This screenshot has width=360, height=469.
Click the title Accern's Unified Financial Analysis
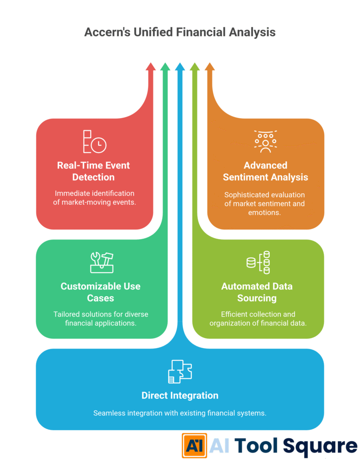pos(180,32)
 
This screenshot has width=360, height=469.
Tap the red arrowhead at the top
pos(151,67)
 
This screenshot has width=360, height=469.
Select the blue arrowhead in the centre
pos(180,67)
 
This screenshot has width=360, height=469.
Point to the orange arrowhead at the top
pos(209,67)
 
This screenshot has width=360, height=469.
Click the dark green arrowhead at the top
pos(165,67)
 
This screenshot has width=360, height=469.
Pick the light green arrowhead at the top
pos(195,67)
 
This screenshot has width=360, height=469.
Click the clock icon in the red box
pos(98,145)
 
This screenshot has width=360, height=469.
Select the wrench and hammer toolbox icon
pos(102,262)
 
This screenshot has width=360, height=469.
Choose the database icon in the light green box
pos(258,262)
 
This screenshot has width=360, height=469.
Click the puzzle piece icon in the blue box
pos(180,371)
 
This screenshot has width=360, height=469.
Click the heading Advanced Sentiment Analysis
pos(266,171)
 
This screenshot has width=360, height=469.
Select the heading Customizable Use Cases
pos(100,292)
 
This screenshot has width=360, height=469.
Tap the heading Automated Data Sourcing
pos(257,292)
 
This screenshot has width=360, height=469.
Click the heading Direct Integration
pos(180,395)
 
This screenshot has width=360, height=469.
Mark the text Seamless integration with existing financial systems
pos(180,413)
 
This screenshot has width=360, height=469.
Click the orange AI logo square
pos(194,446)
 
